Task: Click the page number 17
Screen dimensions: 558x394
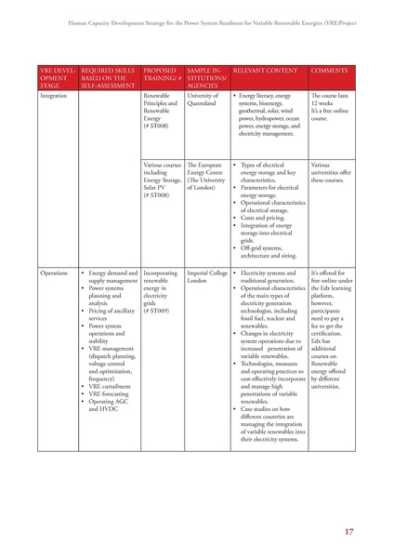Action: point(348,531)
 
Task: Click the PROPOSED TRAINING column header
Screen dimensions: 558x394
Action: point(161,74)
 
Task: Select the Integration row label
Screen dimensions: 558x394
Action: point(56,96)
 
